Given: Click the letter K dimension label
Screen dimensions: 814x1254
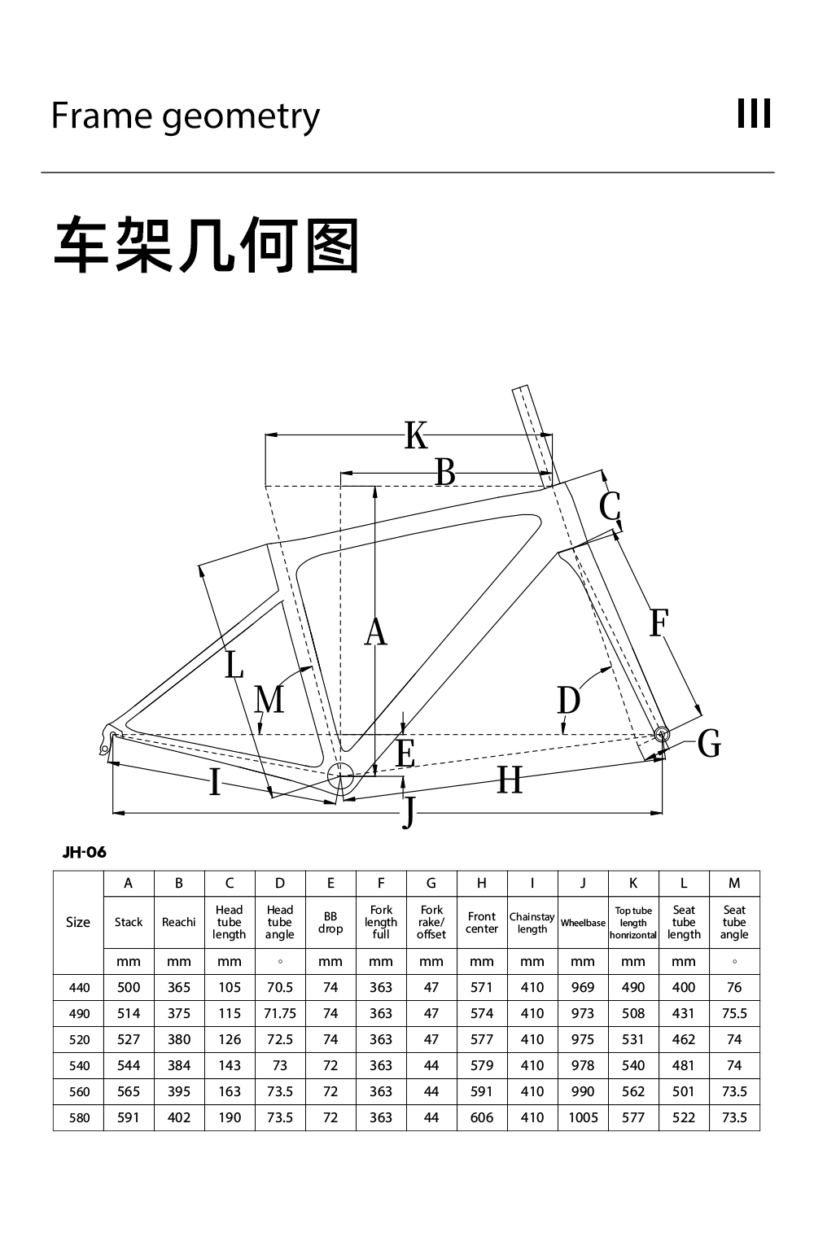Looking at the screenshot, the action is [x=416, y=435].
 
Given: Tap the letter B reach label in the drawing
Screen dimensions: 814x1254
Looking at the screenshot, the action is [x=445, y=473].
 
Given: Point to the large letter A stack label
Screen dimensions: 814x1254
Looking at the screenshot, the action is [x=375, y=631].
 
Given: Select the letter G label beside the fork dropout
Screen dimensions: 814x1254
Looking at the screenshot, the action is [x=709, y=744].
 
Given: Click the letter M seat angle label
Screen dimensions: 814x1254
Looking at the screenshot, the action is [x=269, y=699].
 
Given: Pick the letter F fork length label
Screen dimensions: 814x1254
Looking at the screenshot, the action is [x=659, y=623].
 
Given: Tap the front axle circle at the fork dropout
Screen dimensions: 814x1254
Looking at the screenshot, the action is [x=662, y=734].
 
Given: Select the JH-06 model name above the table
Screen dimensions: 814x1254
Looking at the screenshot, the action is [x=84, y=853].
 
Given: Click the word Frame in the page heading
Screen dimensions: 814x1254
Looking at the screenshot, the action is [x=101, y=116].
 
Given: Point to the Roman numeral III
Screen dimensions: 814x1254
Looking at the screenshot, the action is [x=754, y=113].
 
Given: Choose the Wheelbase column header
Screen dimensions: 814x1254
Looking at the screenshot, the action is [x=583, y=923].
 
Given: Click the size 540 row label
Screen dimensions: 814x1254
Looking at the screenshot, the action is [x=79, y=1066].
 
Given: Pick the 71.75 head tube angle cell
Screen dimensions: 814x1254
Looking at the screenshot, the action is [x=280, y=1013].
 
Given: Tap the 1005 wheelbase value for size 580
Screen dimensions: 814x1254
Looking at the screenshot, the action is [x=583, y=1117].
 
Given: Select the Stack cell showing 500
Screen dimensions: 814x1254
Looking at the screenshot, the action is [x=129, y=988].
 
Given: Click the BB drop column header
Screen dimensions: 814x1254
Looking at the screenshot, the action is [x=330, y=923].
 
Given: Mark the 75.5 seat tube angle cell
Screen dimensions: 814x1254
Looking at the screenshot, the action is [x=734, y=1013].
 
